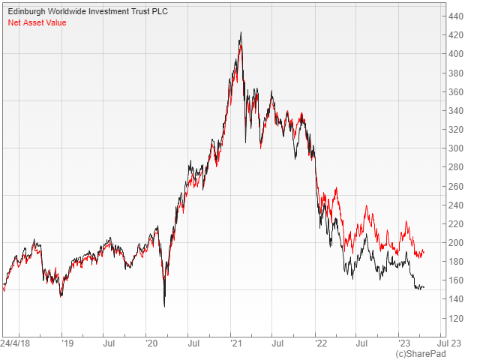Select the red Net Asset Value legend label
tap(37, 22)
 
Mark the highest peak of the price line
tap(240, 33)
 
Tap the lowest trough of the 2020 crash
tap(164, 306)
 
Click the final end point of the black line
tap(424, 288)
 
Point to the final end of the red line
tap(424, 250)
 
